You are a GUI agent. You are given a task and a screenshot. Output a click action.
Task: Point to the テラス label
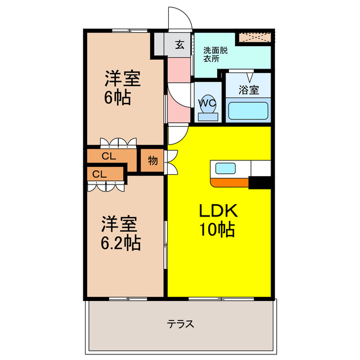tap(181, 324)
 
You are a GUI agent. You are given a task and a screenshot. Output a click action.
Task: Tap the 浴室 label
tap(247, 89)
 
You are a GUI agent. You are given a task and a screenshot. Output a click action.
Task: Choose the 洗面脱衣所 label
tap(214, 53)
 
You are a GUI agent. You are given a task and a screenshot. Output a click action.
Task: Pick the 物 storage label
tap(152, 160)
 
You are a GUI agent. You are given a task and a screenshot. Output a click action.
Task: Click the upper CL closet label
tap(109, 156)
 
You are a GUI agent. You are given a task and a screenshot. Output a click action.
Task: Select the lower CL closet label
tap(100, 174)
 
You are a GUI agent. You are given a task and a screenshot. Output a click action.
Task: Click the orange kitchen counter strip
tap(229, 182)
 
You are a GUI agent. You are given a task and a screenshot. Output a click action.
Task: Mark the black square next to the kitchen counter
tap(260, 182)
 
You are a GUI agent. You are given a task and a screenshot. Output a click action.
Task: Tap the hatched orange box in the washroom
tap(254, 38)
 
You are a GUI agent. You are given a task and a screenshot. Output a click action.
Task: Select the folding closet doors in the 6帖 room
tap(118, 142)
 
